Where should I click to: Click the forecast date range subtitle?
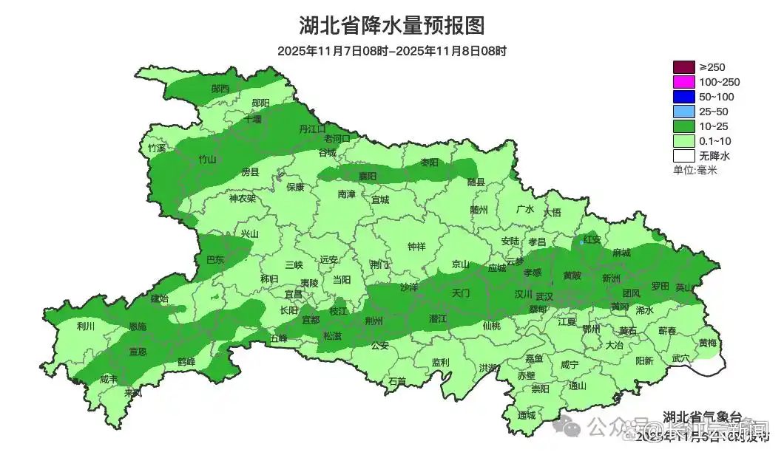[x=392, y=51]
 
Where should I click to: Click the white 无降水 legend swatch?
[x=684, y=157]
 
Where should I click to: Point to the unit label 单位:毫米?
[x=695, y=171]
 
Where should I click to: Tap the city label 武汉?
[x=544, y=295]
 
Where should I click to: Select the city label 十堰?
[x=253, y=119]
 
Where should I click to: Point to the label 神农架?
[x=242, y=198]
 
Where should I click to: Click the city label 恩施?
[x=138, y=326]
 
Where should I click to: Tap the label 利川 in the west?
[x=86, y=326]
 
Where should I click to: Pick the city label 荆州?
[x=374, y=321]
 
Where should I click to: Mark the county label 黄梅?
[x=707, y=343]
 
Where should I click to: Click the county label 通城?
[x=526, y=415]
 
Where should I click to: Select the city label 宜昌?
[x=294, y=294]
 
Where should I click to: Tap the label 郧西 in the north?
[x=220, y=89]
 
